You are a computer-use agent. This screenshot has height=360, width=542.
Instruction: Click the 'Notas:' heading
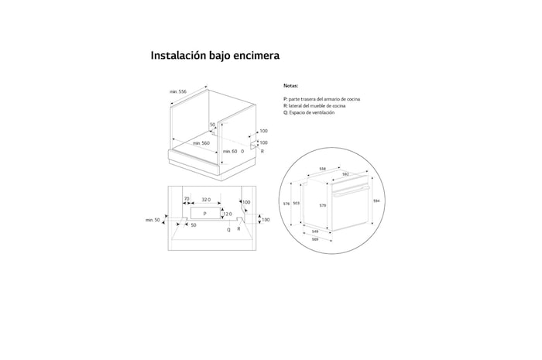(x=291, y=87)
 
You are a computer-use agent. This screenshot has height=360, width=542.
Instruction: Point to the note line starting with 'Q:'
(x=309, y=112)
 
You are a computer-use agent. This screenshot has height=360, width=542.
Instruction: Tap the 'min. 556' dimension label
(x=178, y=92)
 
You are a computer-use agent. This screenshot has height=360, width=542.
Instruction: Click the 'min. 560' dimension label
(x=201, y=143)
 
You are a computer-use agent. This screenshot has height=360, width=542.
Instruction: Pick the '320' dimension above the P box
(x=205, y=200)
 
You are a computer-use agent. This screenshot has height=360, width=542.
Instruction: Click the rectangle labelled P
(x=204, y=212)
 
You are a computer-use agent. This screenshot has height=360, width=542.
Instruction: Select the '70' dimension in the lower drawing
(x=187, y=200)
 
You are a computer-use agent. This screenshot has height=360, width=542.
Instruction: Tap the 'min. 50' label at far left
(x=153, y=221)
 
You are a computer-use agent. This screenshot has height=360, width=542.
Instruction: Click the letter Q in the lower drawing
(x=228, y=230)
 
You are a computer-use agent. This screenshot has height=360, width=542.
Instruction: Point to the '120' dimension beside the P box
(x=228, y=213)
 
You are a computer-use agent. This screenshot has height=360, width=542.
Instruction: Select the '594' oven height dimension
(x=376, y=201)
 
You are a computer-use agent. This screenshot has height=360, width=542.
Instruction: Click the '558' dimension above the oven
(x=322, y=169)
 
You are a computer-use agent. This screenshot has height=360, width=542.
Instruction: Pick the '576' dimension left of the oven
(x=286, y=204)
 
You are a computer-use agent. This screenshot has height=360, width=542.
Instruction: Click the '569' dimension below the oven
(x=315, y=239)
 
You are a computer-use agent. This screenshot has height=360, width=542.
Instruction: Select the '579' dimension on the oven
(x=322, y=205)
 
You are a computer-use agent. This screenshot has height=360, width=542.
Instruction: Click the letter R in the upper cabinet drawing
(x=262, y=151)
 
